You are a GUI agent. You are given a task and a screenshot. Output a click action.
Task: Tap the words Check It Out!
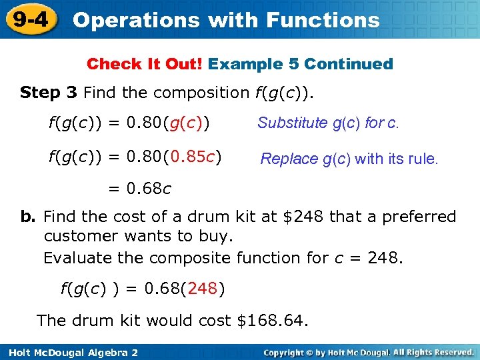[x=145, y=64]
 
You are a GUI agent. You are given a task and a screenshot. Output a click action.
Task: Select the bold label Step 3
[x=49, y=92]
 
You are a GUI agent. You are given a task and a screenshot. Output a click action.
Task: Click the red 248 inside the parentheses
[x=203, y=289]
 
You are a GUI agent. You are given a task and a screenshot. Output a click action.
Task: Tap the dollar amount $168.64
[x=272, y=320]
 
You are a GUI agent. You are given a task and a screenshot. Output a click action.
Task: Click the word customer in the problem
[x=77, y=237]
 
